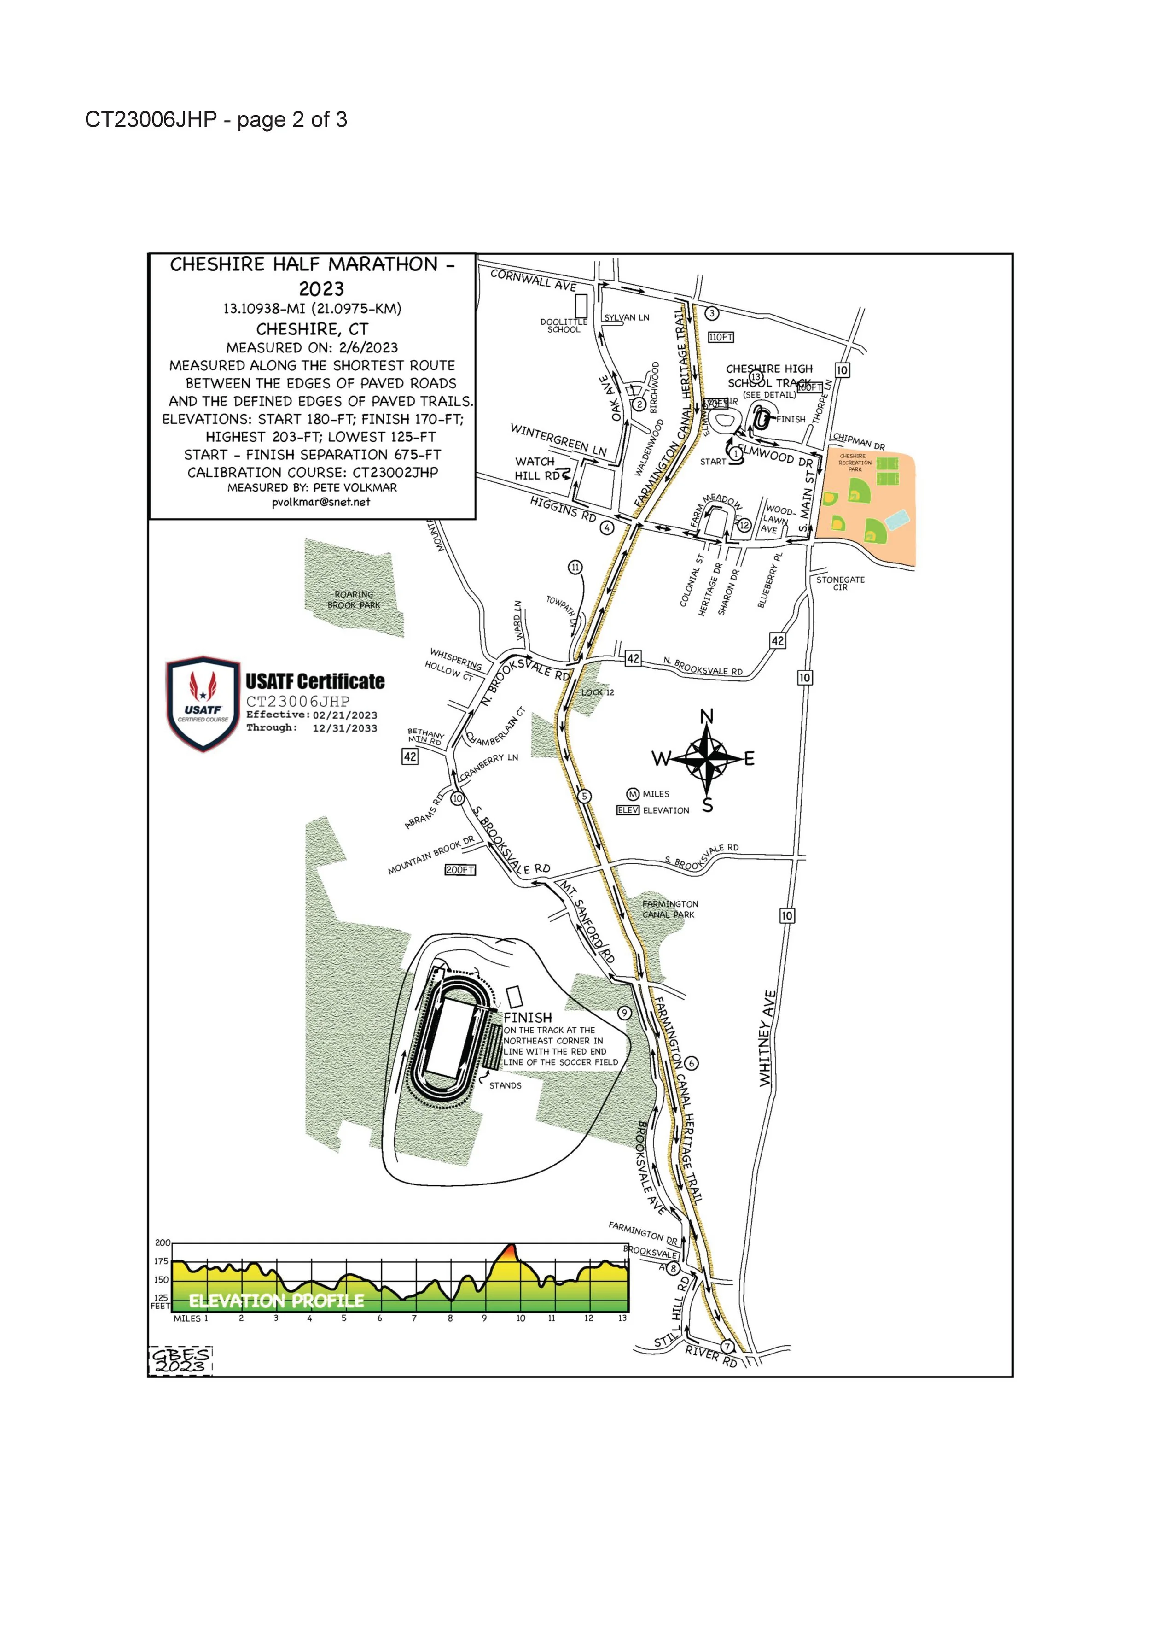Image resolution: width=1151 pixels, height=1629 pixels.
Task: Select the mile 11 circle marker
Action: click(x=575, y=567)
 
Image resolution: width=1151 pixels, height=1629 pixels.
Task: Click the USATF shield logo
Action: click(x=203, y=703)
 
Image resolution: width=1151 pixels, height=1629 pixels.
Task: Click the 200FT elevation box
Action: click(x=459, y=870)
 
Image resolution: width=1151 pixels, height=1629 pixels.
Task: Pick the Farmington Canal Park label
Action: click(x=670, y=909)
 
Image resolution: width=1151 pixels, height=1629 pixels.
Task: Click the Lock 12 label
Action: click(x=598, y=692)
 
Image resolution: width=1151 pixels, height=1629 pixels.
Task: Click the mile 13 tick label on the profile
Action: click(x=622, y=1318)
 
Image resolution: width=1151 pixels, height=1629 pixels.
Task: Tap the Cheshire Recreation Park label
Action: click(x=855, y=463)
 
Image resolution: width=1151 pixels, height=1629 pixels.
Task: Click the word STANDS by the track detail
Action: click(x=505, y=1085)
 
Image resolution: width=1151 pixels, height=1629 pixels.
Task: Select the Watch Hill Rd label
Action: click(x=536, y=468)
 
